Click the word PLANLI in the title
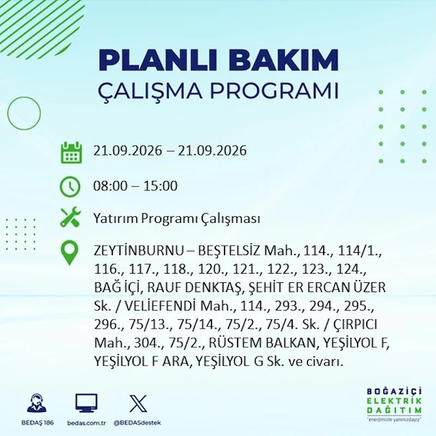click(158, 60)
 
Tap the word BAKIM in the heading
click(283, 60)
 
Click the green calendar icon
click(71, 153)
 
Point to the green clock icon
click(70, 186)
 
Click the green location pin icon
click(70, 252)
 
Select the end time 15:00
click(160, 186)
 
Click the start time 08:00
click(111, 186)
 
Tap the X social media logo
click(138, 403)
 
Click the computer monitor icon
click(87, 403)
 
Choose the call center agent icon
click(37, 403)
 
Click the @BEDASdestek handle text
click(137, 423)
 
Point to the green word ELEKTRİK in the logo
click(394, 401)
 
